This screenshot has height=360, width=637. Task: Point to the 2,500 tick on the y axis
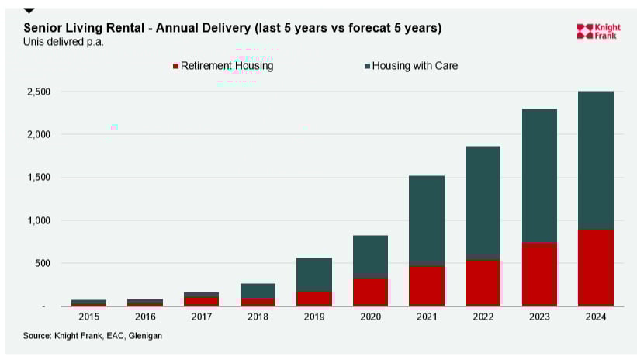click(37, 92)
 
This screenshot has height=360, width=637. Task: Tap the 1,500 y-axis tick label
click(37, 178)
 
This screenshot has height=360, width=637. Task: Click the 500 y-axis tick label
click(42, 264)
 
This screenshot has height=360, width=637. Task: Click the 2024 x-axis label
click(596, 317)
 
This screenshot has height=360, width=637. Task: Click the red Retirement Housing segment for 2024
click(596, 268)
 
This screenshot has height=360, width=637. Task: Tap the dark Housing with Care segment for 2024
click(596, 160)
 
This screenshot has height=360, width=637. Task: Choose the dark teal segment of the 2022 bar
click(483, 202)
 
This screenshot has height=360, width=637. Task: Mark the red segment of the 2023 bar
click(539, 275)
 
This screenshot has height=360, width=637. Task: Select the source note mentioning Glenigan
click(92, 335)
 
